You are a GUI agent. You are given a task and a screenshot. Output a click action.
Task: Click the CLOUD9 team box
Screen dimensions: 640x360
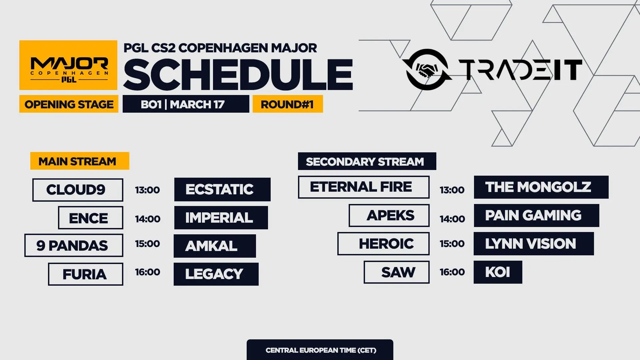(x=78, y=190)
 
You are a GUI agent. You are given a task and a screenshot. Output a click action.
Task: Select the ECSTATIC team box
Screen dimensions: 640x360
(x=222, y=189)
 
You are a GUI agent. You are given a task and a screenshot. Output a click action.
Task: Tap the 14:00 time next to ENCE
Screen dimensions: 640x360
(x=148, y=219)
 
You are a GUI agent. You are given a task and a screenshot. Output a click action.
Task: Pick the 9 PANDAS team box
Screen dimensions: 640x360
(x=74, y=245)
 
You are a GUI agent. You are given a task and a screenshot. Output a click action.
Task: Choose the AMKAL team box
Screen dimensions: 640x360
(x=215, y=246)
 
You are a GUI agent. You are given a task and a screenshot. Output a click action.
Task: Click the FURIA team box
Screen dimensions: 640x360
(x=86, y=274)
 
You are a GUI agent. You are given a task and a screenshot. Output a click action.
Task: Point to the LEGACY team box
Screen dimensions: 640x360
(x=216, y=274)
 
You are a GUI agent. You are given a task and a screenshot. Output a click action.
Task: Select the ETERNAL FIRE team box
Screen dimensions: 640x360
(x=364, y=187)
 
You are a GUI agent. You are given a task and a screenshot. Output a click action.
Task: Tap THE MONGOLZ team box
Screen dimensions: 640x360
(x=541, y=187)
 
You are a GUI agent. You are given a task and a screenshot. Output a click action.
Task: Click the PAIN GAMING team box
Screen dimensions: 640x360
(x=536, y=215)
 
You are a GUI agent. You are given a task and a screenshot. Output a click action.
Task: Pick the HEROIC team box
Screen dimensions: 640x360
(x=383, y=244)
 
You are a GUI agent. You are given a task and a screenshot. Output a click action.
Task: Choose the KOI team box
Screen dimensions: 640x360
(x=498, y=272)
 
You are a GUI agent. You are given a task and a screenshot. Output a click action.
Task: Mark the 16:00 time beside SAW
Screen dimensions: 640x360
(x=452, y=272)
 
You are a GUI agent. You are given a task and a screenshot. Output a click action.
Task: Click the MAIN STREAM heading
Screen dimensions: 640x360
(x=80, y=161)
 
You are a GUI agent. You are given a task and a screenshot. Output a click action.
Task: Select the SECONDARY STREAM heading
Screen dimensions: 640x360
(x=367, y=161)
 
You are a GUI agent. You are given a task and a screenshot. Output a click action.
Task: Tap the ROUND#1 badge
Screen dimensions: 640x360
(x=288, y=104)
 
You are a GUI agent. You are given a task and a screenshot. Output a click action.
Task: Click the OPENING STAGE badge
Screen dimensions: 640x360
(x=69, y=104)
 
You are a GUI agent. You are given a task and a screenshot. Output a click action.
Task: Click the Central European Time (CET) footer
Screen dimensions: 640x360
(x=320, y=350)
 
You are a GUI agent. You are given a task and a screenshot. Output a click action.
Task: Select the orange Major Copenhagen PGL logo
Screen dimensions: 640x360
(x=68, y=65)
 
